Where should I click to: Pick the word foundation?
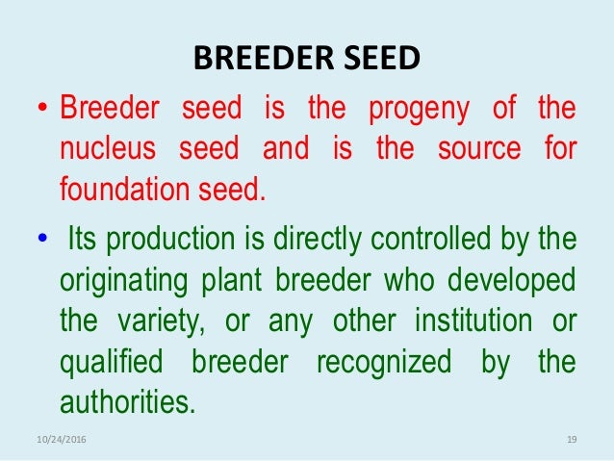122,189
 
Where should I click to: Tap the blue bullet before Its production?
43,238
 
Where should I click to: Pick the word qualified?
108,362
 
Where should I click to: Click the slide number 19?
571,440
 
